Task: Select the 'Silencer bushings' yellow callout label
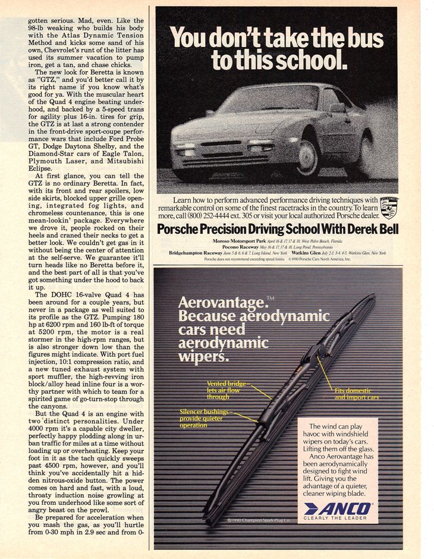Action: click(x=204, y=412)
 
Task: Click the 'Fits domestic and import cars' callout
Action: click(x=357, y=394)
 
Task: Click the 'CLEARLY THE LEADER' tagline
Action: click(x=338, y=518)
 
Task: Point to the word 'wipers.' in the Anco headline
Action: click(x=203, y=357)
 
